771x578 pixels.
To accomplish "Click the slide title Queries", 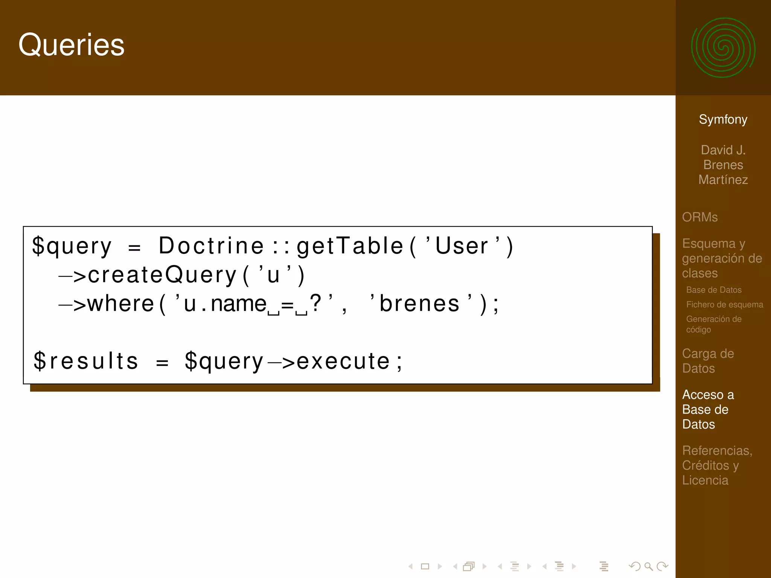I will (x=71, y=45).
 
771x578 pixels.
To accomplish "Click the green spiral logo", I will (x=723, y=48).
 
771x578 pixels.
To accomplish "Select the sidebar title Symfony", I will (x=723, y=119).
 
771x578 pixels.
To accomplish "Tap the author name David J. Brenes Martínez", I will (x=723, y=165).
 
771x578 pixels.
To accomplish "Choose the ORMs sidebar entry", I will (x=699, y=217).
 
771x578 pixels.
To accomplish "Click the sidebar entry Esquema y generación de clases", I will (x=722, y=258).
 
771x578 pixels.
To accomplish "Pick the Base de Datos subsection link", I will (x=713, y=290).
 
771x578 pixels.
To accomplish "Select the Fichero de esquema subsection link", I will (x=724, y=304).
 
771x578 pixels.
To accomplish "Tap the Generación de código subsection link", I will (x=713, y=324).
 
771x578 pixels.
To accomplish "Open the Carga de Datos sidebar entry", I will (x=708, y=361).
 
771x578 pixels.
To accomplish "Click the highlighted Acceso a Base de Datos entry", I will (x=708, y=409).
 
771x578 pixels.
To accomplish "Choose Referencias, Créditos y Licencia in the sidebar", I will (x=717, y=465).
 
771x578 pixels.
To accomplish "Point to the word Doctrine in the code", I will (x=211, y=246).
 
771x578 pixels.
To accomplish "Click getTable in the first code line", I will (x=350, y=246).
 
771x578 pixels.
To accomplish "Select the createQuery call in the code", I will (x=162, y=275).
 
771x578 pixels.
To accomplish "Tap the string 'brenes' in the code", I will (x=420, y=303).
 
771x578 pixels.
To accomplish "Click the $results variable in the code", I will (x=86, y=361).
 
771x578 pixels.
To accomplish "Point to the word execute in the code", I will (x=343, y=361).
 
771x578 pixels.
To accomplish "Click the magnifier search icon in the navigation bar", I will (x=648, y=566).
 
